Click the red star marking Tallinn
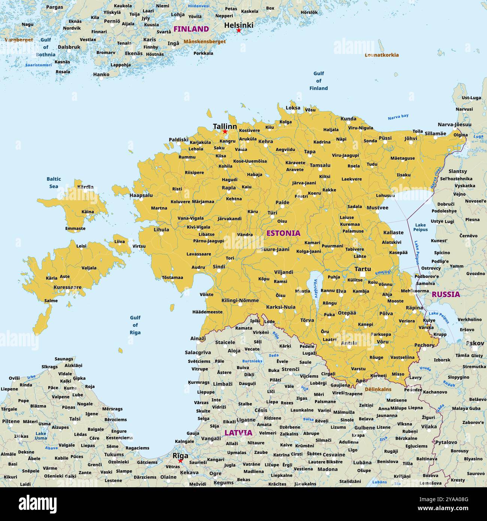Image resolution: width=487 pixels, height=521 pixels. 225,132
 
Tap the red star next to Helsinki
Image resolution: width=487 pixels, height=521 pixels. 239,30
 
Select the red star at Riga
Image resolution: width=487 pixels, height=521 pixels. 180,461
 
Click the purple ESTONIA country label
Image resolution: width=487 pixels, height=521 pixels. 283,233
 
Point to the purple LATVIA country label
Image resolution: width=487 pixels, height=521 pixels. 238,433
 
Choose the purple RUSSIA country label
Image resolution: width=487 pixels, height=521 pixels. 445,294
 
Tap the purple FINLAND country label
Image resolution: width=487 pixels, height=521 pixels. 191,29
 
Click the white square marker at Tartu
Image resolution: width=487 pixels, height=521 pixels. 362,275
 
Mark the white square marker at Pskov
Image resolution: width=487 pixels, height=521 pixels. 475,349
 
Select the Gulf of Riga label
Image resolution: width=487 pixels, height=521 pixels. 135,325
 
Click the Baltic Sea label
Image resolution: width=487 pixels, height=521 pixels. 54,183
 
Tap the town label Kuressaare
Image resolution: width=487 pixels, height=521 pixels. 67,287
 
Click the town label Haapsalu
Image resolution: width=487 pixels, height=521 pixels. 141,195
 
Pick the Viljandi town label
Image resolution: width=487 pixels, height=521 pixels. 284,272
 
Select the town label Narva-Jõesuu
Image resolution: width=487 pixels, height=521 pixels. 454,124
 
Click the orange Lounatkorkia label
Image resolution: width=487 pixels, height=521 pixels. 382,55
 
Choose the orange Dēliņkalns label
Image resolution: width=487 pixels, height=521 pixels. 378,389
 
